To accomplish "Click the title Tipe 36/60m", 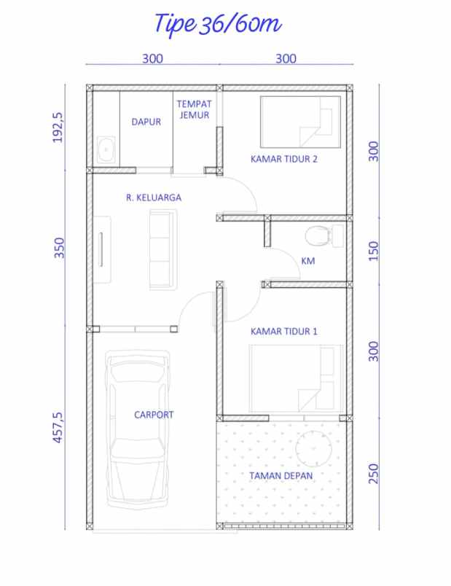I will click(x=217, y=24).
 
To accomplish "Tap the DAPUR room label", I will click(x=146, y=122).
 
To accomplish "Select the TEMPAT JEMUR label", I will click(x=193, y=109).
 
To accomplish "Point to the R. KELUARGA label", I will click(x=153, y=197).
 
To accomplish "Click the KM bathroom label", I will click(x=307, y=261).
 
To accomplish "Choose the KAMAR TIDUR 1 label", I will click(x=283, y=331).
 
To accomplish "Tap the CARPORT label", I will click(x=154, y=415).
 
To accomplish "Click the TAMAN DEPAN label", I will click(x=281, y=475).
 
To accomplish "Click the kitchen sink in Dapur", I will click(x=105, y=149).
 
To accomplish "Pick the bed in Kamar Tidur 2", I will click(x=300, y=120).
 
